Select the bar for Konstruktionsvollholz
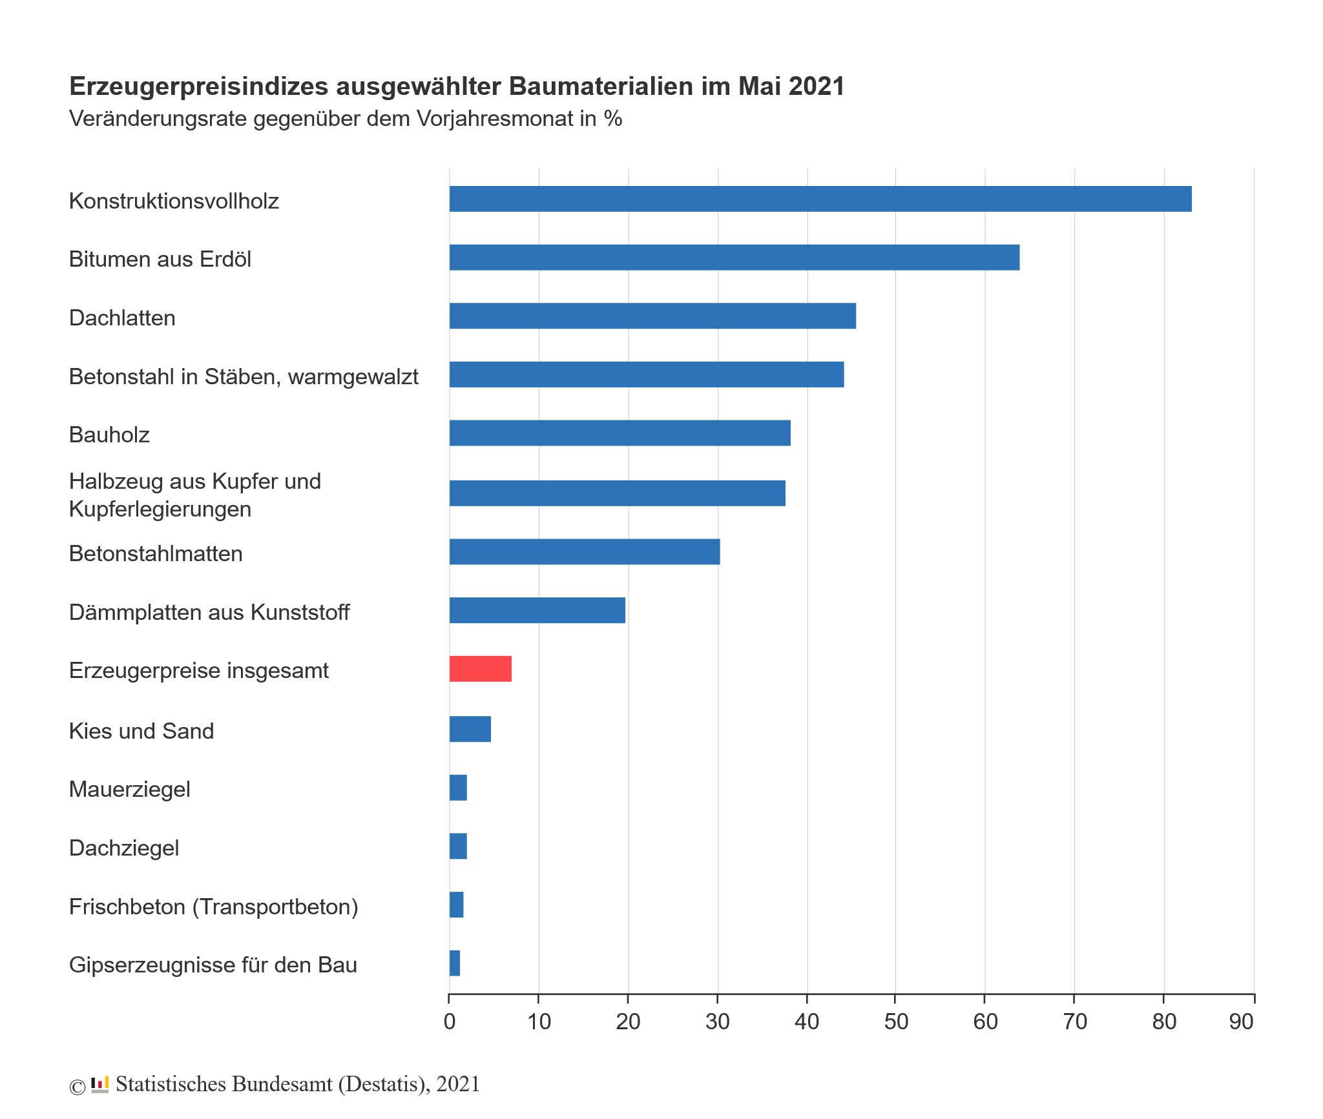(x=820, y=199)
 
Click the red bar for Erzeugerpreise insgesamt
(x=481, y=669)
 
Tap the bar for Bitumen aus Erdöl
(x=734, y=258)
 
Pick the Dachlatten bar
(x=652, y=316)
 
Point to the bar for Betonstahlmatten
(x=585, y=552)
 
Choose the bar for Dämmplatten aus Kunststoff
(x=537, y=610)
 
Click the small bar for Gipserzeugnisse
(x=455, y=963)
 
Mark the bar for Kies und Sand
(x=470, y=729)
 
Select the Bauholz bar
(x=620, y=433)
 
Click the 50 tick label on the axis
(x=896, y=1022)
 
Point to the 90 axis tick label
(x=1241, y=1022)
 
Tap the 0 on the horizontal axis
(x=450, y=1022)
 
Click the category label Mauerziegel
(x=130, y=789)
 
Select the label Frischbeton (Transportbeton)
(x=213, y=907)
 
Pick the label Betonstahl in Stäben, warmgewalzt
(x=244, y=376)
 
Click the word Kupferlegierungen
(x=160, y=509)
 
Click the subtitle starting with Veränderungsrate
(x=346, y=119)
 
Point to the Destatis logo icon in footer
(x=100, y=1085)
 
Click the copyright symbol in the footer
(x=77, y=1087)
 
